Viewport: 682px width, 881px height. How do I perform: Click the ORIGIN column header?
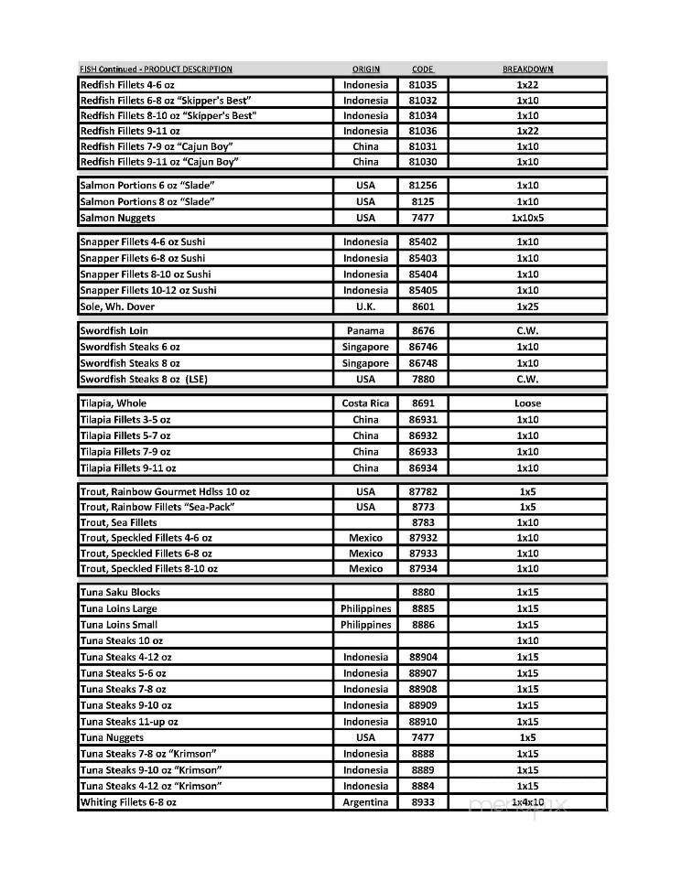click(365, 70)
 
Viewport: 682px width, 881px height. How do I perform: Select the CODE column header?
click(422, 70)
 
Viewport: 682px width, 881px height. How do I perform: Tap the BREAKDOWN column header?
click(527, 70)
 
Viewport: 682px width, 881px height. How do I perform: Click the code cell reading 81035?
click(422, 85)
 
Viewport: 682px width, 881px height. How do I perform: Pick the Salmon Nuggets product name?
click(117, 218)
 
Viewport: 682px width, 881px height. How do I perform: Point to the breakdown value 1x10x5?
click(527, 218)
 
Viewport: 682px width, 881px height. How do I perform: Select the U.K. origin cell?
click(365, 306)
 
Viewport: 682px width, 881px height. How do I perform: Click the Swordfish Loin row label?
click(114, 330)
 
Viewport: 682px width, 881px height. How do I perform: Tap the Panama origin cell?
click(365, 330)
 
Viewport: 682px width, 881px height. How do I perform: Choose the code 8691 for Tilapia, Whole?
click(422, 403)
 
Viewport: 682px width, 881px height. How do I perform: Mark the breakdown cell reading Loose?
click(527, 403)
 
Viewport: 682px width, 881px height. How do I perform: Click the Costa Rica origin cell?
click(365, 403)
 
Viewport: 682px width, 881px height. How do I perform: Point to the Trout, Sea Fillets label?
click(118, 522)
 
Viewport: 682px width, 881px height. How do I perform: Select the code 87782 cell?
click(422, 491)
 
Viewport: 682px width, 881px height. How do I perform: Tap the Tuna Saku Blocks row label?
click(120, 592)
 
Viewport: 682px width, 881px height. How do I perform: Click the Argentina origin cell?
click(365, 802)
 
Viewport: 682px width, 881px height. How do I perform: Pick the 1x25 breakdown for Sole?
click(527, 306)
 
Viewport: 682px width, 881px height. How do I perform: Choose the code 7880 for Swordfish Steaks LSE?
click(422, 379)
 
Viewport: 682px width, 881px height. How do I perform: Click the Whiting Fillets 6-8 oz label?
click(128, 802)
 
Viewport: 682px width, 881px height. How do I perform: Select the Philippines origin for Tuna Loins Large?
click(365, 608)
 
